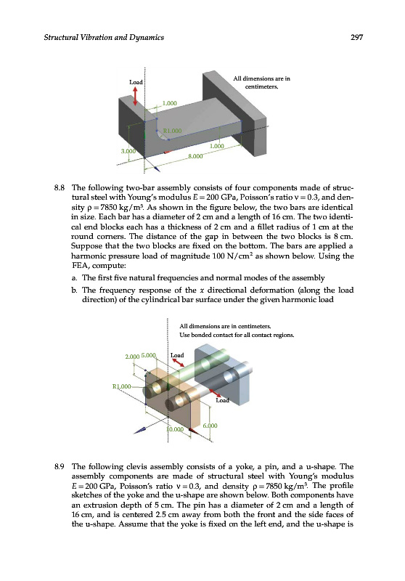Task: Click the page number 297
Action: point(356,37)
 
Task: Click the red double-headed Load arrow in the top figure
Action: point(135,96)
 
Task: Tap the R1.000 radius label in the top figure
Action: point(173,131)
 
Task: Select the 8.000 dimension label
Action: point(195,156)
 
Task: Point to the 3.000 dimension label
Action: point(128,151)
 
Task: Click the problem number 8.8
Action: point(60,188)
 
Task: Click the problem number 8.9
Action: point(60,466)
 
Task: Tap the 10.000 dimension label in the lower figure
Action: point(175,429)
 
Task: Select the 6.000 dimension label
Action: point(210,426)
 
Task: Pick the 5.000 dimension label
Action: point(149,355)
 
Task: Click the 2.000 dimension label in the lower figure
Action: point(132,357)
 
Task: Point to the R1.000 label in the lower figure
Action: point(121,386)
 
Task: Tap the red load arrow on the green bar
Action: point(179,362)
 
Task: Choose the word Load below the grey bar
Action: point(223,400)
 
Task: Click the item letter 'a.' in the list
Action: point(75,278)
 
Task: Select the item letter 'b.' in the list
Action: point(75,290)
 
